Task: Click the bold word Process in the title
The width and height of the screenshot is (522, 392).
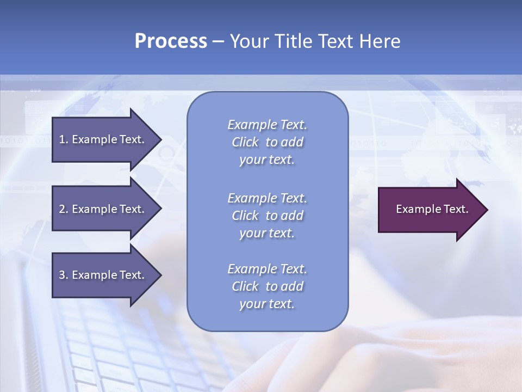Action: click(x=171, y=41)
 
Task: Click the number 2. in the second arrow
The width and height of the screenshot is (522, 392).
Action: click(x=63, y=209)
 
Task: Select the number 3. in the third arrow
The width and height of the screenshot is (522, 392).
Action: click(x=63, y=275)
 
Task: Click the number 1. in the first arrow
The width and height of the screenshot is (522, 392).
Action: click(x=63, y=139)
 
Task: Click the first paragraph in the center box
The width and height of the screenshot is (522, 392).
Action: click(x=267, y=142)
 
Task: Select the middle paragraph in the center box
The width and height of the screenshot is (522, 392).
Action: click(x=267, y=216)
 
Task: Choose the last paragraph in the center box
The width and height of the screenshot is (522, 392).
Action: click(x=267, y=286)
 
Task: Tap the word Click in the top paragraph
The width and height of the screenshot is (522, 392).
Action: click(x=245, y=142)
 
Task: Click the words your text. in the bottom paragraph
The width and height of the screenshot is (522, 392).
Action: click(x=267, y=304)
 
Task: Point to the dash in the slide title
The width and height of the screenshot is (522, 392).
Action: click(x=218, y=42)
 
